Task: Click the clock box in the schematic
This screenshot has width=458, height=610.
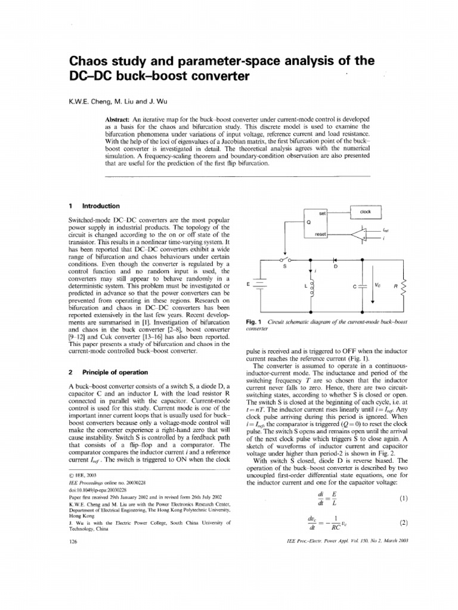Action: coord(365,211)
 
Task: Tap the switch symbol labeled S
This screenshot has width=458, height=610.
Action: coord(285,260)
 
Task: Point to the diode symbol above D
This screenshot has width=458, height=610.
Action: coord(335,260)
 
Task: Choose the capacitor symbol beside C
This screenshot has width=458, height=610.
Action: coord(363,287)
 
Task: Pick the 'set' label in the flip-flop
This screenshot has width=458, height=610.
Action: coord(321,213)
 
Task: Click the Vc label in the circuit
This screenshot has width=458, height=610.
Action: coord(377,285)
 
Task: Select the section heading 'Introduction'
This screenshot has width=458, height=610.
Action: coord(101,206)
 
